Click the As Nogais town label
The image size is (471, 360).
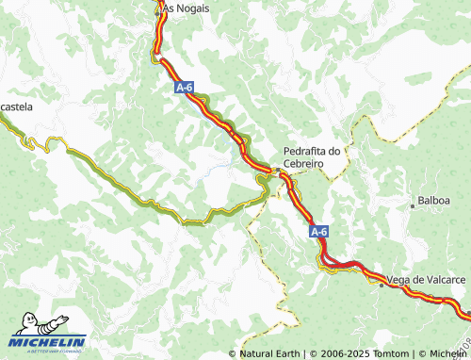(x=186, y=8)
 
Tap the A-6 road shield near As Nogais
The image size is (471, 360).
(x=185, y=88)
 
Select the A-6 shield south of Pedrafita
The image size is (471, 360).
(x=319, y=231)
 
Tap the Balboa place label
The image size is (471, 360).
(x=433, y=202)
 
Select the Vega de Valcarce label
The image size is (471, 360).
(x=427, y=280)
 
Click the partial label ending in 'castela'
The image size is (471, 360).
(x=16, y=107)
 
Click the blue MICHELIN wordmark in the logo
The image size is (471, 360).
(x=49, y=342)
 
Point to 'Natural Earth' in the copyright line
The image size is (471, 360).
(x=270, y=353)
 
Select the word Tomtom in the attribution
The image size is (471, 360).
(x=384, y=353)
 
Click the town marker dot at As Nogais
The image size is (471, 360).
(x=157, y=8)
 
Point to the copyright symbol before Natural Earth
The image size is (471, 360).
(x=233, y=353)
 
